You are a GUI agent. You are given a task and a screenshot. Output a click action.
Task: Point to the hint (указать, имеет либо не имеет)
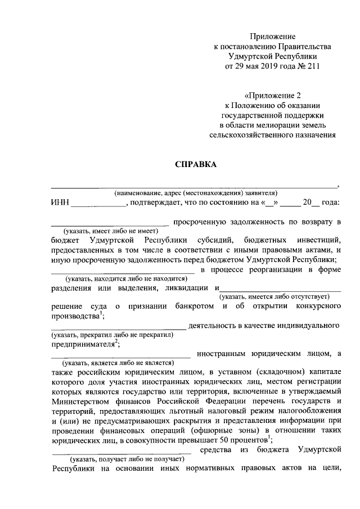point(111,231)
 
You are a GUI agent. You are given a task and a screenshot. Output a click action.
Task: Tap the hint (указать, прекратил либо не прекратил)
point(112,335)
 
